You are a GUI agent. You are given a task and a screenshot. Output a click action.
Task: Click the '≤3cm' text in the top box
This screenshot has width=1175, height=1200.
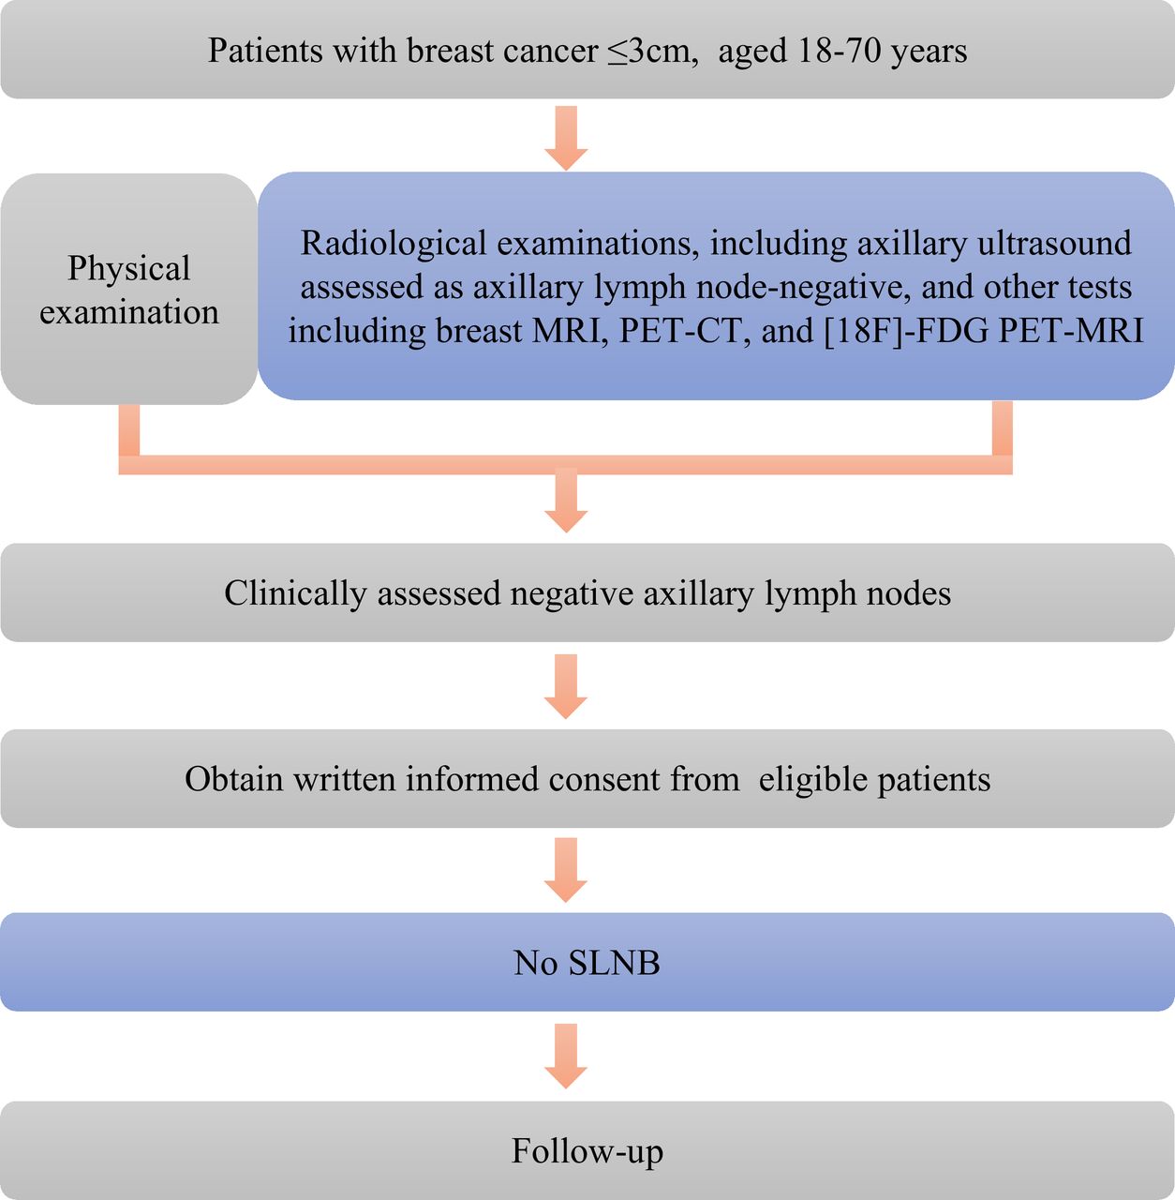pos(651,51)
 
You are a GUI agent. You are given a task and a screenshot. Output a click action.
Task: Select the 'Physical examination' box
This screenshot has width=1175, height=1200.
pos(129,289)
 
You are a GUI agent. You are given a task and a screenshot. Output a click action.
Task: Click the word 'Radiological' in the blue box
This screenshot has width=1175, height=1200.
pos(394,243)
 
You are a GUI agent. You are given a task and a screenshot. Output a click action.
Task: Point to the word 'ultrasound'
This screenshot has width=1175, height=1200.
pos(1054,243)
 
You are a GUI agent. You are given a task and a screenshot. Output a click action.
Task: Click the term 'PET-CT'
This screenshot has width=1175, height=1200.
pos(684,331)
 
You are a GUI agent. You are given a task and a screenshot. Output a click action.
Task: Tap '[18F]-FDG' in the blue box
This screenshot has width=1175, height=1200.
pos(905,331)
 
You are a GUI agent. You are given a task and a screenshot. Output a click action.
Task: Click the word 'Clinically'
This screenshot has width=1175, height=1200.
pos(295,593)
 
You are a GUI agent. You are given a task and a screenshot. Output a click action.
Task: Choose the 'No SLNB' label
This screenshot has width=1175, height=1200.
pos(587,963)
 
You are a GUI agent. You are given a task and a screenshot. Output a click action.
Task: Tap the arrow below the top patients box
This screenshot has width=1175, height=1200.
pos(566,138)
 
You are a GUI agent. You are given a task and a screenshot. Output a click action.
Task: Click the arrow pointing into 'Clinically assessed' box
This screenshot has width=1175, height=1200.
pos(566,501)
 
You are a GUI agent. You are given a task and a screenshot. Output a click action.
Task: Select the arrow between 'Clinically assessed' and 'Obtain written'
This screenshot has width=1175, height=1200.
pos(566,686)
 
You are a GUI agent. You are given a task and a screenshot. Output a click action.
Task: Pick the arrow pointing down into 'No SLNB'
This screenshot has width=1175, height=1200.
pos(566,870)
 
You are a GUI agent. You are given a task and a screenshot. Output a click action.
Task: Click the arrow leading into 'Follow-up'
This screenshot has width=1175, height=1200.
pos(566,1057)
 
